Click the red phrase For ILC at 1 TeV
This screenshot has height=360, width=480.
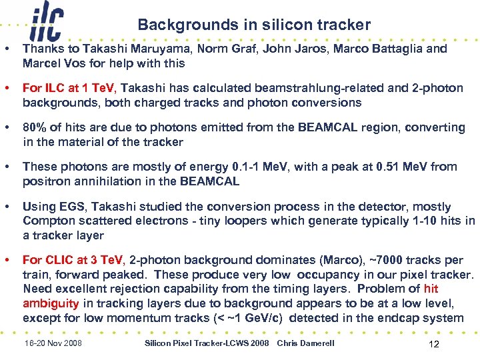coord(69,88)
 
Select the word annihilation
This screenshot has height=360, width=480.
coord(96,181)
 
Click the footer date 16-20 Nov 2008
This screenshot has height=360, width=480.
coord(53,343)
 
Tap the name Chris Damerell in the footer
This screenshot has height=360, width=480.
coord(306,343)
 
